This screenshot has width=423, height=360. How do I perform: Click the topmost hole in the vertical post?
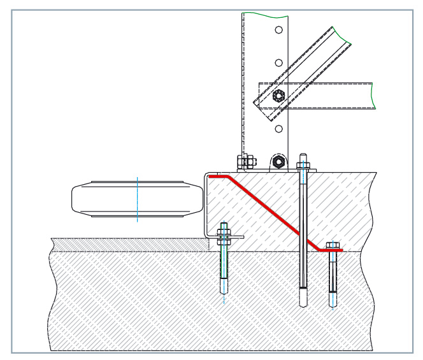click(278, 30)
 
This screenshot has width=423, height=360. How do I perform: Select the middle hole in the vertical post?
click(278, 62)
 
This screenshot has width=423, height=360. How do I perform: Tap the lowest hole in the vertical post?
click(278, 129)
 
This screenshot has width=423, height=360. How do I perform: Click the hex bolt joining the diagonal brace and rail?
click(277, 97)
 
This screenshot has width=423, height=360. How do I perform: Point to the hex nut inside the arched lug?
click(278, 161)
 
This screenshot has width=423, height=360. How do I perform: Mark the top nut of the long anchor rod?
click(304, 168)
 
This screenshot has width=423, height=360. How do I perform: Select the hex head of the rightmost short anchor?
click(332, 245)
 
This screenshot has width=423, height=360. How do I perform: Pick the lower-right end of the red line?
click(341, 250)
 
